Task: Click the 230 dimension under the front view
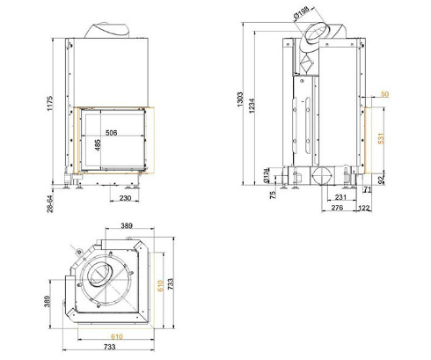click(x=125, y=199)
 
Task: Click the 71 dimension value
click(x=368, y=189)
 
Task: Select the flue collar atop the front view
click(x=110, y=29)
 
